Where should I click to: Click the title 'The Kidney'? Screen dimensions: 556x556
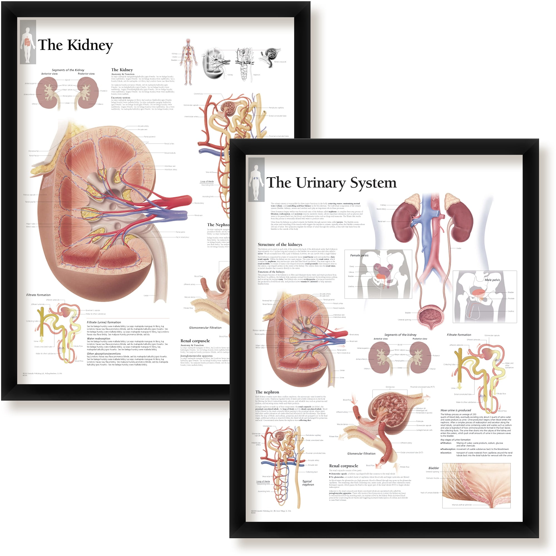point(75,45)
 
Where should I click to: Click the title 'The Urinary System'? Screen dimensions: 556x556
point(332,183)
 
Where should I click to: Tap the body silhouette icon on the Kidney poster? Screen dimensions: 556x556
point(28,42)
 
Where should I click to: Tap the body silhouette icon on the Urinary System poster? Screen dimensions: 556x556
point(256,180)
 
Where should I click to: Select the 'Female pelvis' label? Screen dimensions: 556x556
point(359,255)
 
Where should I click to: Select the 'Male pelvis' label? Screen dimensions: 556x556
point(492,280)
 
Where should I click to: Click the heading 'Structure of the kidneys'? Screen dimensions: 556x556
point(280,245)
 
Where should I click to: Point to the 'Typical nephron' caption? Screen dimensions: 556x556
point(308,483)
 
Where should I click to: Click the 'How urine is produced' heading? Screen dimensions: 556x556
point(456,410)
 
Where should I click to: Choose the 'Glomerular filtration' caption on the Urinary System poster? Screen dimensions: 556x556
point(361,453)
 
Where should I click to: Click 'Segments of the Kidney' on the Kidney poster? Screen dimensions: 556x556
point(68,70)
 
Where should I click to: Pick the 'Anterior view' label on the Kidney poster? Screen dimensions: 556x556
point(49,74)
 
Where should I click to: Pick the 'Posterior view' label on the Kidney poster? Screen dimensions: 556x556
point(86,74)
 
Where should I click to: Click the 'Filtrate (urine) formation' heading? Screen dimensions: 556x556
point(104,322)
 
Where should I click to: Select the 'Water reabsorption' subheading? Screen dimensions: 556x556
point(98,338)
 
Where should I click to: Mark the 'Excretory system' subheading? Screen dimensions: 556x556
point(121,98)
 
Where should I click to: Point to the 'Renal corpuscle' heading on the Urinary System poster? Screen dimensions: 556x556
point(343,466)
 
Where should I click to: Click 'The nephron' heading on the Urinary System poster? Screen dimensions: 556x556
point(267,392)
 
